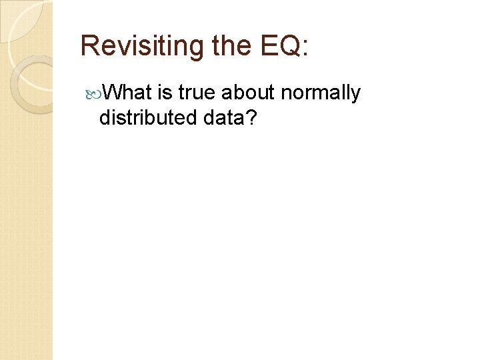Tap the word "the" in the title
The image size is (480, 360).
pyautogui.click(x=230, y=46)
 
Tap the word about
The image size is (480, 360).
pyautogui.click(x=247, y=93)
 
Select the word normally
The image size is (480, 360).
pyautogui.click(x=321, y=94)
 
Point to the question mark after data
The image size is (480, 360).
pyautogui.click(x=251, y=118)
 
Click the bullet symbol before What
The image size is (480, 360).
pyautogui.click(x=93, y=93)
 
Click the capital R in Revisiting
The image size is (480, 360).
pyautogui.click(x=89, y=46)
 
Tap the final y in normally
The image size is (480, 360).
pyautogui.click(x=355, y=95)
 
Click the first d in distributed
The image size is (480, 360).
pyautogui.click(x=104, y=118)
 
